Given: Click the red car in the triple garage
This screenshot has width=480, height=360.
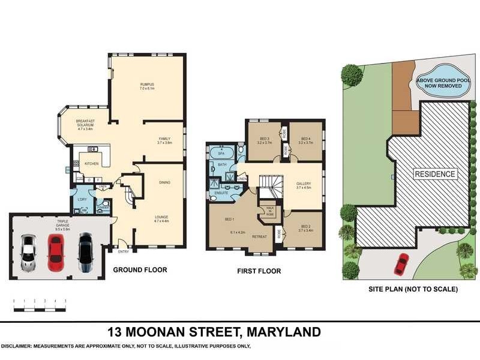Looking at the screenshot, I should point(55,250).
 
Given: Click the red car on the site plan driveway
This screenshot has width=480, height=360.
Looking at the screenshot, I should point(401,262).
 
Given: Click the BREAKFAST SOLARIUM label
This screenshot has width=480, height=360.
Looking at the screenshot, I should point(85,124).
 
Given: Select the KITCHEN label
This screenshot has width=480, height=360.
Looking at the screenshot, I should point(91,163).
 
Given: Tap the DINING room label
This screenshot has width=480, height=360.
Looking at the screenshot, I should point(164,182).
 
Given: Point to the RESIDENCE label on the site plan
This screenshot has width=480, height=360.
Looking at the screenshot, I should point(435,174).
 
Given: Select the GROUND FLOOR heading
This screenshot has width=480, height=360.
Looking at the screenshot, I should point(140,270).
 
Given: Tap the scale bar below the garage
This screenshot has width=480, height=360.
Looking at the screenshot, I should point(39,308).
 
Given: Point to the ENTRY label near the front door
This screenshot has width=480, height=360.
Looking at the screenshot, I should point(123,251).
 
